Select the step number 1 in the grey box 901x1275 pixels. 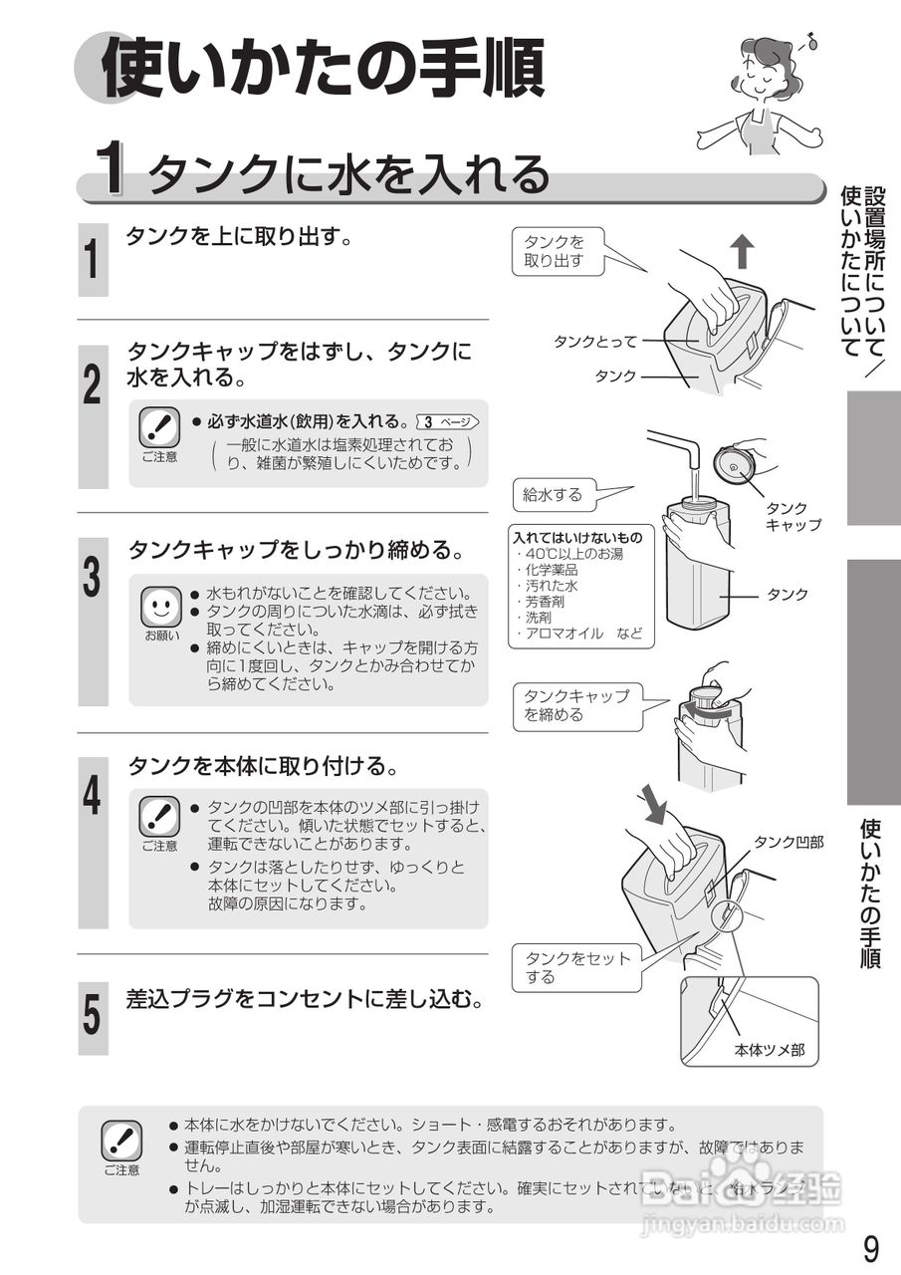(93, 259)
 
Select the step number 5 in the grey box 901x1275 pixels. (93, 1017)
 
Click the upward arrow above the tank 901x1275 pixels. (743, 252)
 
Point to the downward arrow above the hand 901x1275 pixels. (653, 803)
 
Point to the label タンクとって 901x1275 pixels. (594, 342)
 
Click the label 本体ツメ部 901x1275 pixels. (769, 1049)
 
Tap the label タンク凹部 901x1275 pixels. (788, 842)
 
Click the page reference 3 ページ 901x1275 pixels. (450, 421)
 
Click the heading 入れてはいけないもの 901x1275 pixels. (577, 538)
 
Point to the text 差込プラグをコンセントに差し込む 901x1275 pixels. (305, 998)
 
